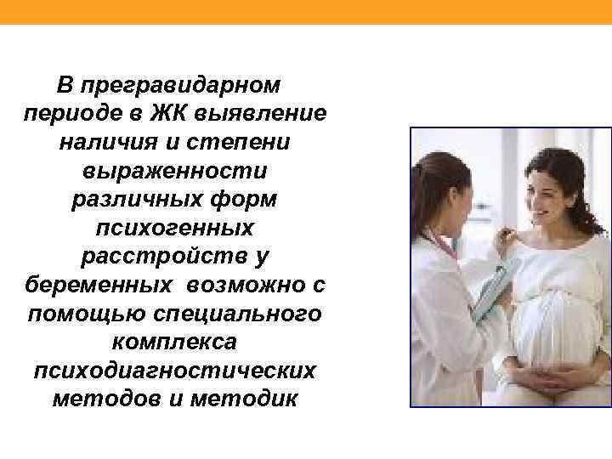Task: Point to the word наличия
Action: tap(105, 142)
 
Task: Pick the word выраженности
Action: tap(175, 171)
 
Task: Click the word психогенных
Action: tap(175, 228)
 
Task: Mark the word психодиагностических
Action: tap(175, 371)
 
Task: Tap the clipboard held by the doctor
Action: tap(493, 289)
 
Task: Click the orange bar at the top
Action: tap(306, 11)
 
